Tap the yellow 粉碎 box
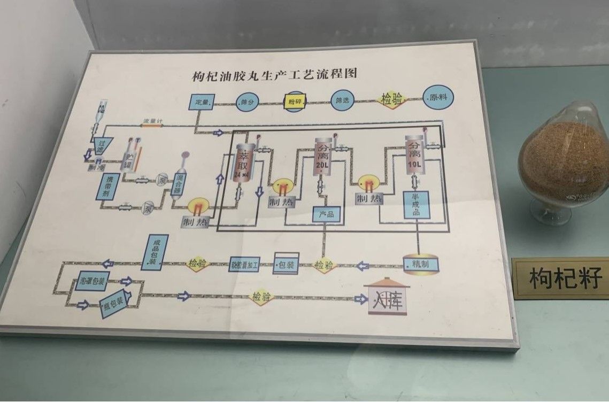292,100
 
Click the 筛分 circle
246,101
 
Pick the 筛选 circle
342,100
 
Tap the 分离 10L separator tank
415,156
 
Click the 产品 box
326,214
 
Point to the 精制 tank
421,263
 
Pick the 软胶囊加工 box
245,264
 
